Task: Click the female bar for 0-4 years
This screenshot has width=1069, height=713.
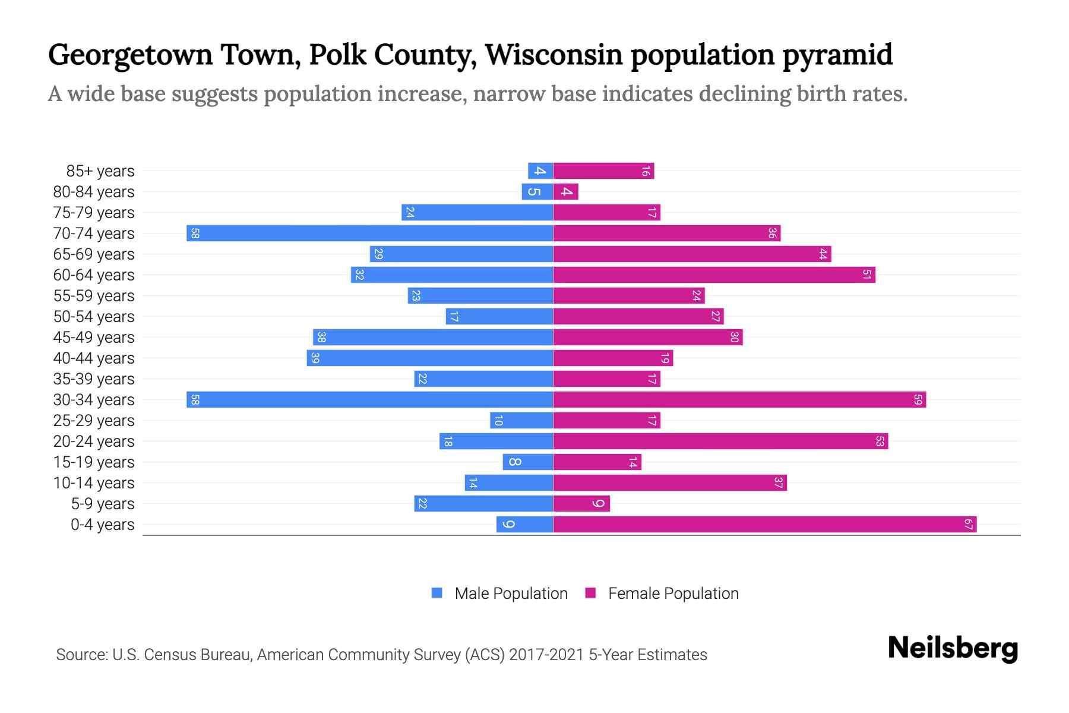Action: [x=765, y=524]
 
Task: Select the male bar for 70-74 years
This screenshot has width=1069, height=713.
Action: [x=369, y=233]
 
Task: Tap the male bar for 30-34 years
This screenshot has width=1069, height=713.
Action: [x=369, y=399]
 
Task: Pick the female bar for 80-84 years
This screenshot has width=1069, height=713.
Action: [x=565, y=191]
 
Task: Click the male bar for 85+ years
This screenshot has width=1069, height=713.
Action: [x=540, y=171]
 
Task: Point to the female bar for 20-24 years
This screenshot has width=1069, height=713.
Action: [x=720, y=441]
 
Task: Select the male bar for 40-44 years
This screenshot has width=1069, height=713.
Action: [x=430, y=358]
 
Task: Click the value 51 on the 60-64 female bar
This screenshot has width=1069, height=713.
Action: [x=867, y=275]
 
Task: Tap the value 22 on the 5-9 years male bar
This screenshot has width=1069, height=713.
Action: [x=422, y=503]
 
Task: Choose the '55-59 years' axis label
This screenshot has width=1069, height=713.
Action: [x=94, y=295]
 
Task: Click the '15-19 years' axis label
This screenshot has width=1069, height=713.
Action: [x=94, y=462]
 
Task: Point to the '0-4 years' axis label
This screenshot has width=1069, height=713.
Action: [x=102, y=524]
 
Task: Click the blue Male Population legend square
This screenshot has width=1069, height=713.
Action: [x=437, y=593]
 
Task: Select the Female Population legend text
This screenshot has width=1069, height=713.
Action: [x=673, y=593]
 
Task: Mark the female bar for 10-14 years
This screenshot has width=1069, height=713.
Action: [x=670, y=482]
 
